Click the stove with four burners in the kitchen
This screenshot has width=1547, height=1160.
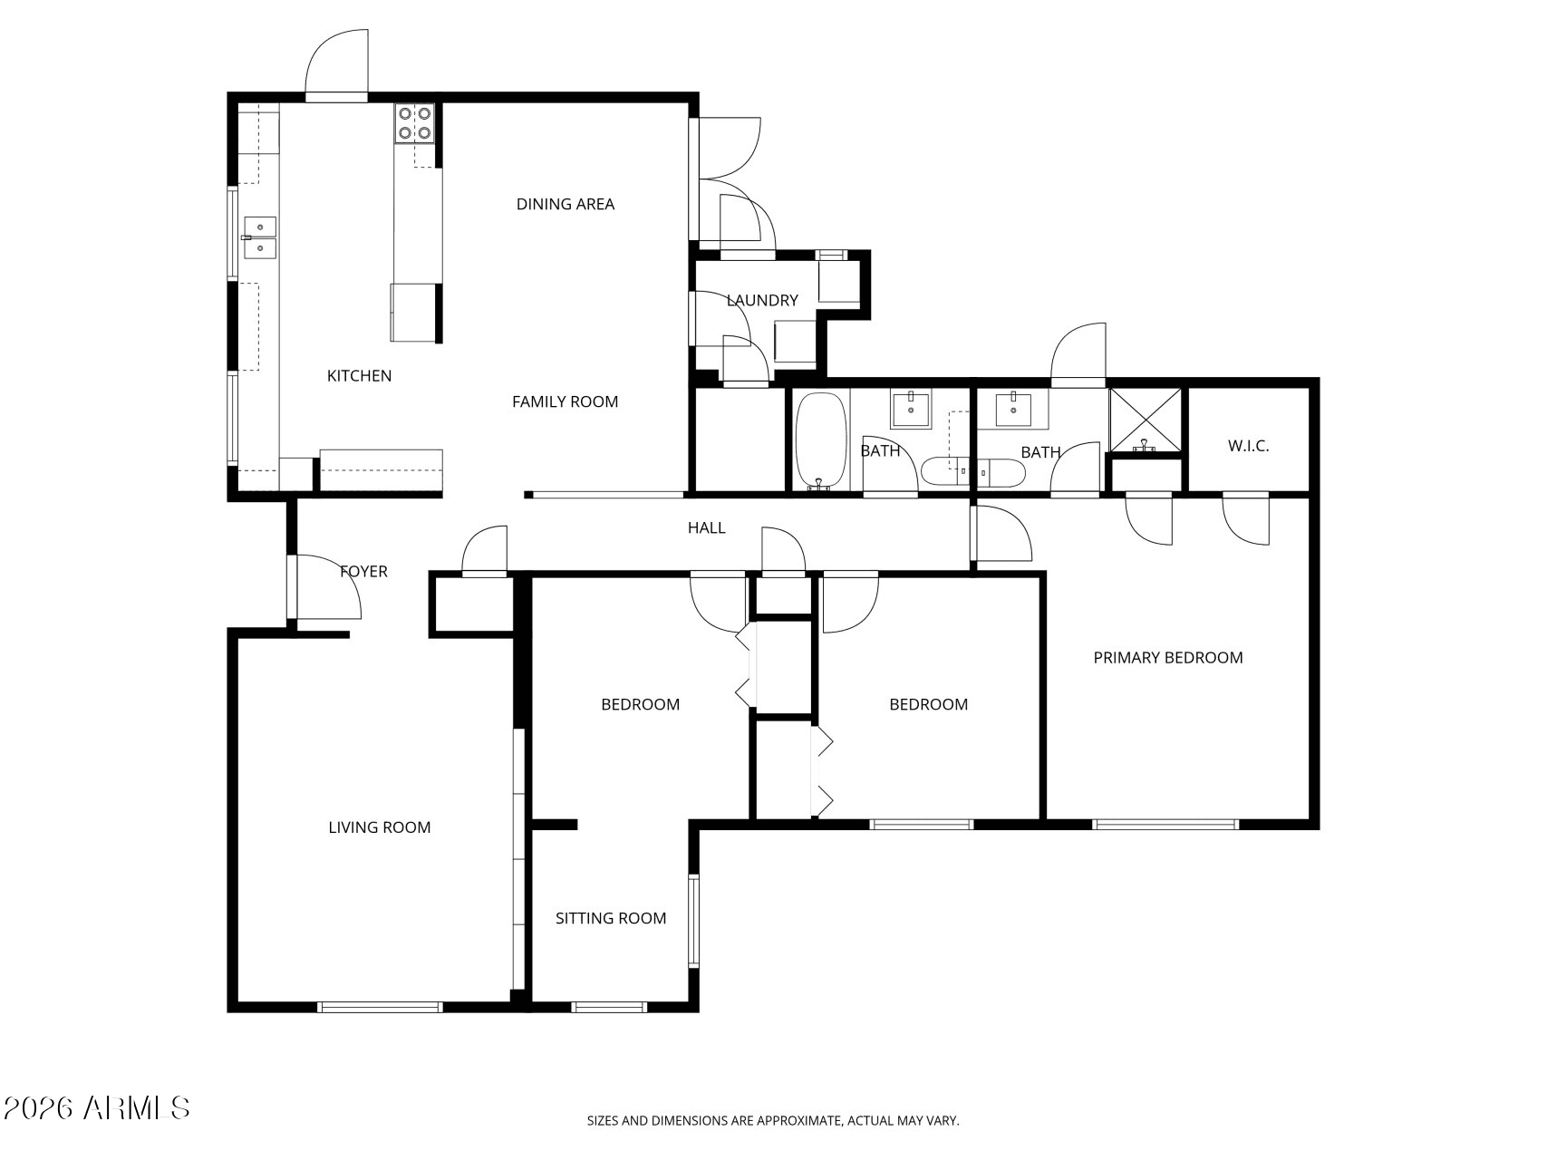click(415, 123)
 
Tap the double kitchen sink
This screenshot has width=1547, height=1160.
click(259, 237)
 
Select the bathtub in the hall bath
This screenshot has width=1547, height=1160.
click(821, 441)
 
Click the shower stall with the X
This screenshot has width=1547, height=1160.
click(1146, 420)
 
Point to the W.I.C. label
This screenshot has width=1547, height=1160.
click(1248, 446)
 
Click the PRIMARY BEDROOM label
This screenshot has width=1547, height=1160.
click(1167, 658)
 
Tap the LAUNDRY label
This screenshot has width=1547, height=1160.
click(762, 300)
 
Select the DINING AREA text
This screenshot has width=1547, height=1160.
click(566, 204)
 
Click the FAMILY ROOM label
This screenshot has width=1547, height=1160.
click(565, 401)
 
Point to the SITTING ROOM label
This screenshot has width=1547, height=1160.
click(611, 918)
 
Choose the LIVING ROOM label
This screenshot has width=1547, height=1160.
click(380, 826)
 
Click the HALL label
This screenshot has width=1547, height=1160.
click(706, 527)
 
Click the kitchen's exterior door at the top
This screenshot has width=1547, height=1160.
click(336, 64)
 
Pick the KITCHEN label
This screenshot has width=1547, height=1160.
click(359, 375)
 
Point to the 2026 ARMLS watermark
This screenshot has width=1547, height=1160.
click(97, 1107)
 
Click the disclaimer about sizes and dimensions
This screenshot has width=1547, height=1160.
click(773, 1121)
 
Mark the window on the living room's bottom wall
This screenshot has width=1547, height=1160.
click(380, 1006)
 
